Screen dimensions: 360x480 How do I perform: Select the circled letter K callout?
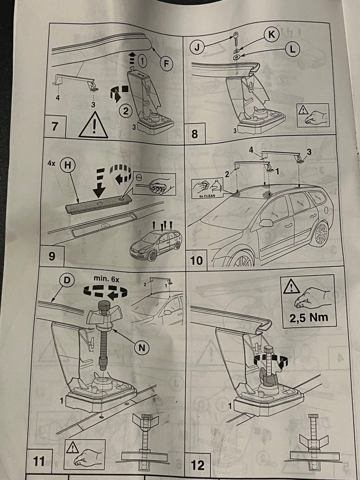(272, 34)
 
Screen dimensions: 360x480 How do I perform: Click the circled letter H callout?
(68, 165)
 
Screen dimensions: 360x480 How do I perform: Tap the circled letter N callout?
(142, 348)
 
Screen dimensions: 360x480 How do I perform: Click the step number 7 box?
(55, 127)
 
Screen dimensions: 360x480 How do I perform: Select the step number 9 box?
(52, 256)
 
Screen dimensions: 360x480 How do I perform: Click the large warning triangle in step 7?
(93, 125)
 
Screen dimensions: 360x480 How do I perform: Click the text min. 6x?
(106, 279)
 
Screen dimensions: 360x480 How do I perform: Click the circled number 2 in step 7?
(126, 111)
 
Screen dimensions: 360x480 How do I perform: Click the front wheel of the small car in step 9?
(152, 256)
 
